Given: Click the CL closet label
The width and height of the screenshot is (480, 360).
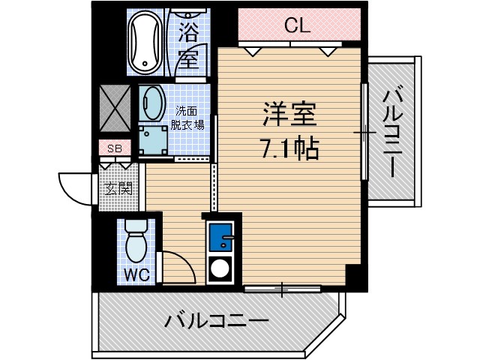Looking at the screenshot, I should click(x=297, y=26).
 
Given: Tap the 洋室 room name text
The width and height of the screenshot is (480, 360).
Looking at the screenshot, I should click(x=289, y=115).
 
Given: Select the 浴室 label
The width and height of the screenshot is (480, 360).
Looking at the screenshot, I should click(x=188, y=45).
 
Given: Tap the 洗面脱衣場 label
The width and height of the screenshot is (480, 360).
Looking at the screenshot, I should click(x=187, y=116).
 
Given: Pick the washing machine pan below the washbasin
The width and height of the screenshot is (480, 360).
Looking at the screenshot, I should click(x=154, y=140).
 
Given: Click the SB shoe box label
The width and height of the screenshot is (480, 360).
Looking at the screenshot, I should click(x=114, y=148).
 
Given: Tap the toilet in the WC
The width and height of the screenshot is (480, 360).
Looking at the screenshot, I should click(x=136, y=240).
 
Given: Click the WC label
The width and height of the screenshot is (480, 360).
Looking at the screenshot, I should click(x=136, y=274).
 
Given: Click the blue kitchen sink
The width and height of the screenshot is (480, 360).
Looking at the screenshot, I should click(x=221, y=238).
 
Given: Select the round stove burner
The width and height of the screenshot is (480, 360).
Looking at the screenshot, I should click(x=221, y=268).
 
